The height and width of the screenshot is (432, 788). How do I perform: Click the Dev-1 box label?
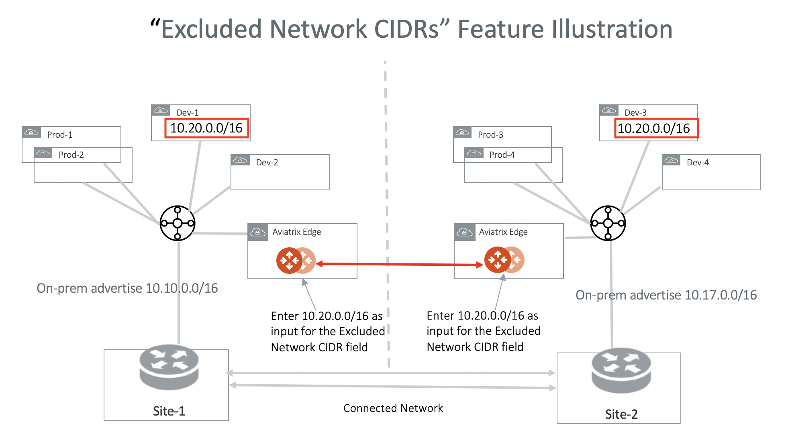(x=187, y=112)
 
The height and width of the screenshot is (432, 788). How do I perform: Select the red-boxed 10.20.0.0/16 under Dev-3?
(x=653, y=128)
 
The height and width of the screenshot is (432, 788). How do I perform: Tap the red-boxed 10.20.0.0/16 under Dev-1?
(x=206, y=128)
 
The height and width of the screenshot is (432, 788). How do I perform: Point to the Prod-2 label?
(x=71, y=155)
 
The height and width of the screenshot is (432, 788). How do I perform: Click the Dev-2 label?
(x=267, y=162)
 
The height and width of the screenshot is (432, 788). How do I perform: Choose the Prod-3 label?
(x=490, y=134)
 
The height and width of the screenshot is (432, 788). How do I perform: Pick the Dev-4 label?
(x=698, y=162)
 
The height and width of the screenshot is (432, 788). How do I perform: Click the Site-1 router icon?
(x=169, y=367)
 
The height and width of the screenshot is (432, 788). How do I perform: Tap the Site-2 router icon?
(x=621, y=370)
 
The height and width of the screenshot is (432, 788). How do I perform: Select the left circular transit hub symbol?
(x=178, y=223)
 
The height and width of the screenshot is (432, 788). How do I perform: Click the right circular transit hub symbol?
(x=608, y=223)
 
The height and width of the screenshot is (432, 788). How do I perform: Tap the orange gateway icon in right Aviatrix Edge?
(x=498, y=260)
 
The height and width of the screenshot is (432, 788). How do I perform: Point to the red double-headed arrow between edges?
(x=400, y=264)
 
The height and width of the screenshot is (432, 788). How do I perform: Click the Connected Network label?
(x=393, y=408)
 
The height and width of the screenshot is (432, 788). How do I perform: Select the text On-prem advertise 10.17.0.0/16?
(x=666, y=295)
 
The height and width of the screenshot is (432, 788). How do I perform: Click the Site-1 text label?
(x=169, y=411)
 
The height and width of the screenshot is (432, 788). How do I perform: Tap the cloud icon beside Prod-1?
(x=31, y=132)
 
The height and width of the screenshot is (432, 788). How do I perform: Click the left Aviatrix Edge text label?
(x=296, y=232)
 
